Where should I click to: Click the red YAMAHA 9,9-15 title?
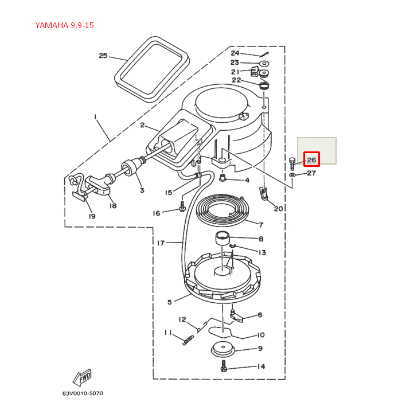[x=64, y=25]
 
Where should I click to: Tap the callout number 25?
[x=103, y=56]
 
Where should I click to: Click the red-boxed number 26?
[x=311, y=159]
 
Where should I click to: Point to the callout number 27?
[x=311, y=173]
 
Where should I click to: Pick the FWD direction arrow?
[x=83, y=377]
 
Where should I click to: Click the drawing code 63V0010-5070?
[x=83, y=393]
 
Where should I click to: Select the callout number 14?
[x=260, y=366]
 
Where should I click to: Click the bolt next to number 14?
[x=224, y=368]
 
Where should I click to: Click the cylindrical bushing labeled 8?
[x=222, y=238]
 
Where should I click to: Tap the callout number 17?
[x=161, y=243]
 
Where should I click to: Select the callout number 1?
[x=95, y=116]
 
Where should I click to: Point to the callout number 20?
[x=278, y=209]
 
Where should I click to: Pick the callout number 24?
[x=235, y=53]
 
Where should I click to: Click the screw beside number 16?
[x=182, y=206]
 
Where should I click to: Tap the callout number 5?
[x=170, y=302]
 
